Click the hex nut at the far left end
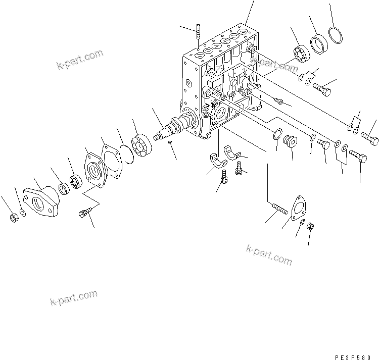point(15,218)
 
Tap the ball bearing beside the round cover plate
point(76,180)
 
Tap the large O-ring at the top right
point(335,36)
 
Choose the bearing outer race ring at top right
point(318,43)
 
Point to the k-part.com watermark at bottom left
point(73,298)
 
